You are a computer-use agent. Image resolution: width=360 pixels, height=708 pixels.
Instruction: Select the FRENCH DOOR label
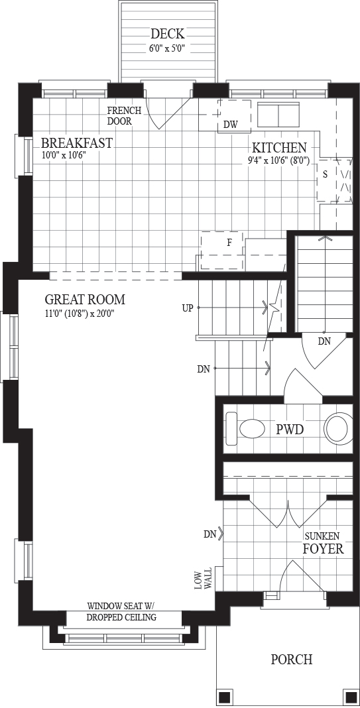click(x=124, y=116)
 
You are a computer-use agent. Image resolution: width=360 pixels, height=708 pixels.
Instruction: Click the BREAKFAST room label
click(x=76, y=143)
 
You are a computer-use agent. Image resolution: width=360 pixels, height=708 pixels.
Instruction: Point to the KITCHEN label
click(x=279, y=148)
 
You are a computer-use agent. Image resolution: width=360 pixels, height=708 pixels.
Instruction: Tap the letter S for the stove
click(x=325, y=175)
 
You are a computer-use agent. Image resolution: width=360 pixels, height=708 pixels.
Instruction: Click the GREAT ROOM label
click(x=85, y=300)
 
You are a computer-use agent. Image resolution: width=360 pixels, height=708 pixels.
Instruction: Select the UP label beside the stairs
click(x=188, y=308)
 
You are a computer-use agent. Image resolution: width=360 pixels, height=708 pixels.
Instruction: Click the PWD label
click(x=290, y=430)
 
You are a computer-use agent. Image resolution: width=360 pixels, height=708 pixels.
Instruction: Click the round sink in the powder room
click(x=338, y=428)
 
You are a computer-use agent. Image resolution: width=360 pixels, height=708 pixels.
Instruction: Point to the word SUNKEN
click(x=322, y=536)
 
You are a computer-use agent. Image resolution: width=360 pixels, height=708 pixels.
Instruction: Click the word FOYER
click(x=323, y=549)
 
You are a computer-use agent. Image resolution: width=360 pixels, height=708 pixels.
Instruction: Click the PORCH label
click(x=291, y=660)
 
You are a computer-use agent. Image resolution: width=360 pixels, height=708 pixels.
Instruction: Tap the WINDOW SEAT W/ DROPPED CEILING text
click(x=121, y=611)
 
